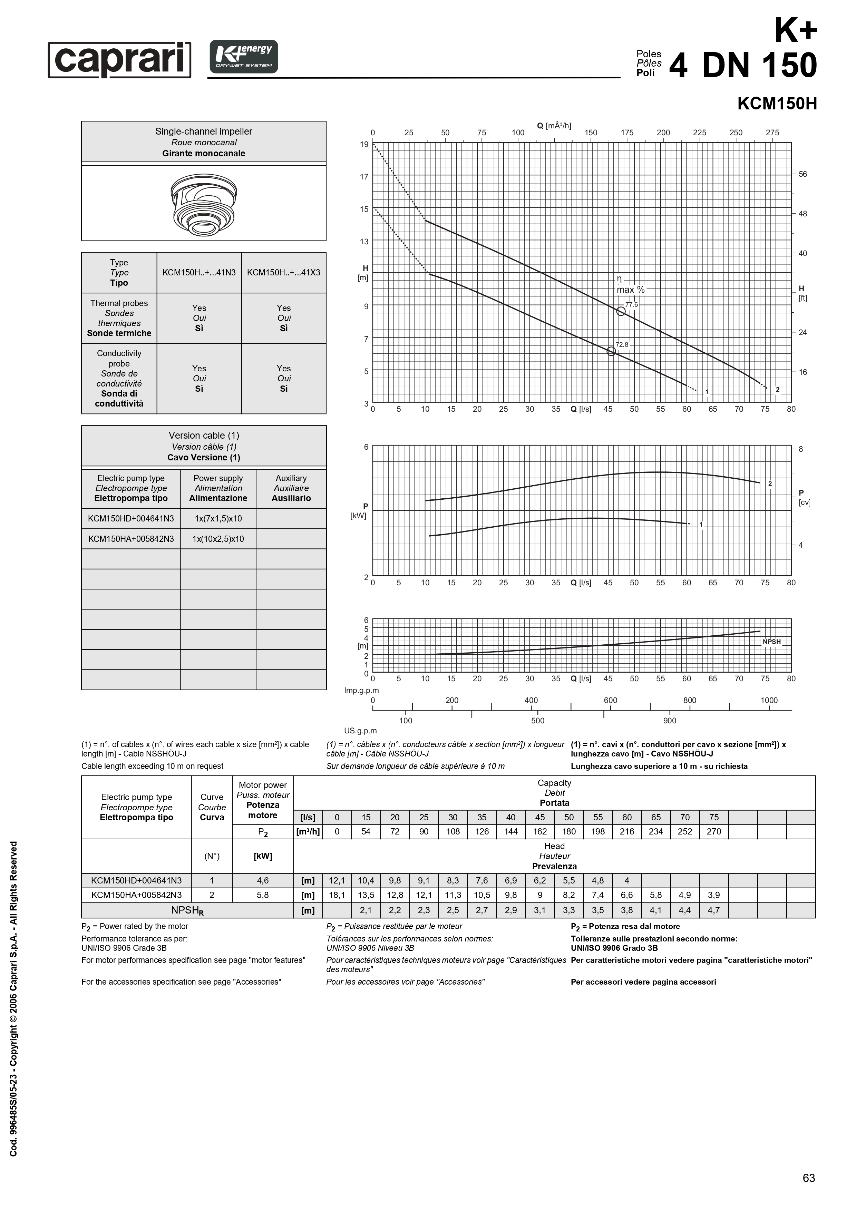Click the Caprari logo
tap(120, 60)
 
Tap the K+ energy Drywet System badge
tap(244, 57)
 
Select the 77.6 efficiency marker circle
tap(621, 311)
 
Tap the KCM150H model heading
tap(777, 104)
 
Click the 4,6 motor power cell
tap(263, 880)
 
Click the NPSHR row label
tap(187, 910)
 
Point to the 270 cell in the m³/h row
tap(713, 831)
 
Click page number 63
tap(808, 1178)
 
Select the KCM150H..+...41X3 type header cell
tap(284, 272)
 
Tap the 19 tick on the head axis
tap(364, 144)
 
